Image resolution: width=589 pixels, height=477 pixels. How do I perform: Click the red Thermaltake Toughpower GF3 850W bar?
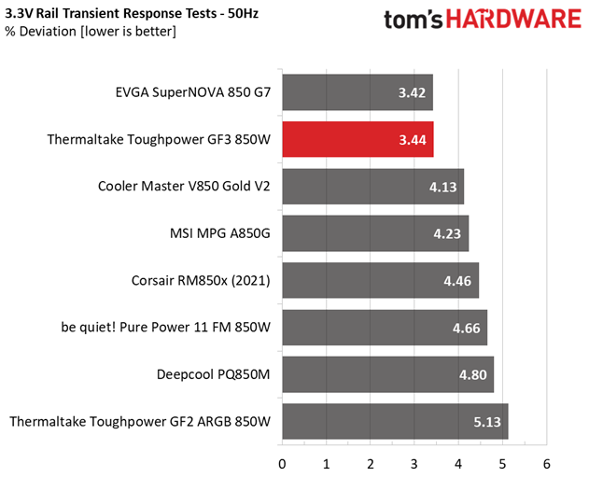click(x=355, y=139)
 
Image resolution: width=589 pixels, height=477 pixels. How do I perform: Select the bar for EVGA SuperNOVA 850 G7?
click(x=355, y=92)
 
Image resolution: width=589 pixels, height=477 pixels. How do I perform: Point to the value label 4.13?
click(x=442, y=187)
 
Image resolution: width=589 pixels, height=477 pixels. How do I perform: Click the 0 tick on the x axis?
click(x=282, y=462)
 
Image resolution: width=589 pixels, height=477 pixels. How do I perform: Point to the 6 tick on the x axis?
click(x=547, y=462)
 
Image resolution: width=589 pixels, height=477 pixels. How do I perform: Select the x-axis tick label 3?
click(x=414, y=462)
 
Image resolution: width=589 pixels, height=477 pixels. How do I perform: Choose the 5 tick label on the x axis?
click(x=503, y=462)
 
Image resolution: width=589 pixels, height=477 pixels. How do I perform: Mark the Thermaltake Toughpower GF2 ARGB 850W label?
click(x=140, y=422)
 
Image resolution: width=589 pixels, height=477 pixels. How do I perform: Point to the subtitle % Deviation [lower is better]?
click(x=91, y=32)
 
